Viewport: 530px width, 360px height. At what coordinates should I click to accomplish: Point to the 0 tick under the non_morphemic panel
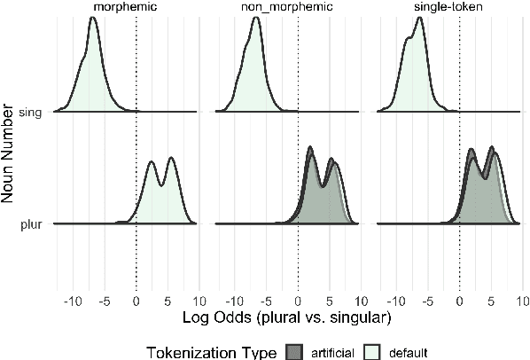[x=298, y=299]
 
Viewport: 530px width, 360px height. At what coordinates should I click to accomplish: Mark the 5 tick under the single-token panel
[x=491, y=299]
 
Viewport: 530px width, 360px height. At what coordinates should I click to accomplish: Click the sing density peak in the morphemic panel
[x=93, y=17]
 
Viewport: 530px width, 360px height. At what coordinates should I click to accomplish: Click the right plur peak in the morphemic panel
[x=170, y=158]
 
